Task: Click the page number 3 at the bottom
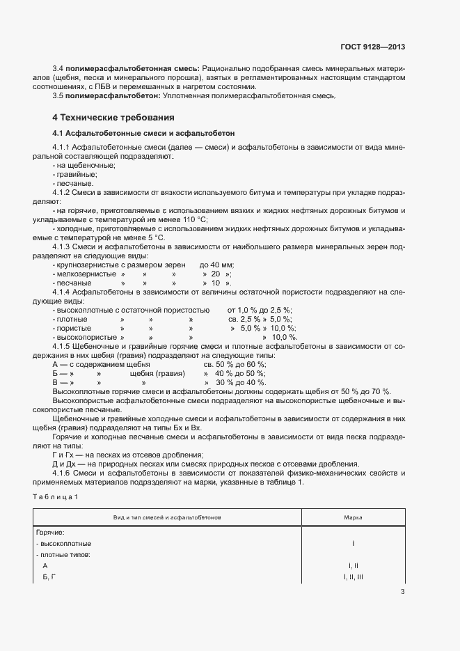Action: pos(402,592)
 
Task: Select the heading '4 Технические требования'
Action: pos(113,117)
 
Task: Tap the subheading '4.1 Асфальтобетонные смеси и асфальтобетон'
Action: pos(144,133)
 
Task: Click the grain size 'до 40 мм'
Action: pos(216,265)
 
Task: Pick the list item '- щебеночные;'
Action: pos(78,165)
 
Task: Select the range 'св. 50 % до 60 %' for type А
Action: pos(234,364)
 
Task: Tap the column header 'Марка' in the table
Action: pos(353,518)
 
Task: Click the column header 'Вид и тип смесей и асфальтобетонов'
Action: pos(167,518)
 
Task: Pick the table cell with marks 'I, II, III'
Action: pos(353,577)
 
